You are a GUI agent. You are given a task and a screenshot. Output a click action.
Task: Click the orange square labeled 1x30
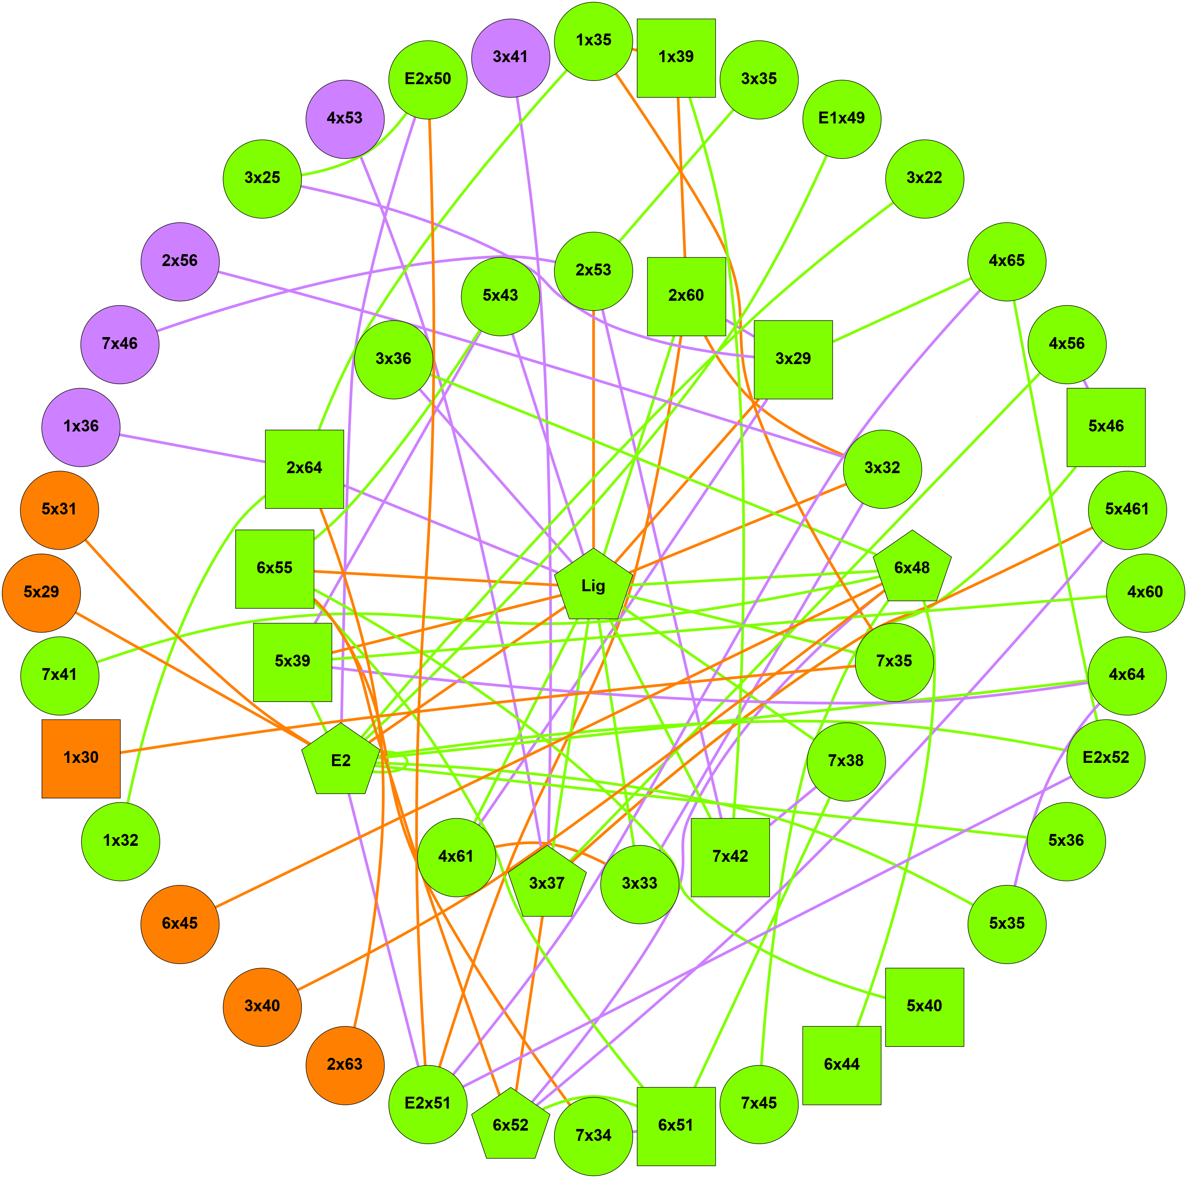click(x=81, y=758)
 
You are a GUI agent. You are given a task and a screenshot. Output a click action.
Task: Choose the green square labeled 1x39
click(x=676, y=58)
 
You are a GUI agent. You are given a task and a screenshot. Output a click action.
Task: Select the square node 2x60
click(x=686, y=296)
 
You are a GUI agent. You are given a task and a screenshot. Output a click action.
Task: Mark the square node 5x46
click(x=1106, y=427)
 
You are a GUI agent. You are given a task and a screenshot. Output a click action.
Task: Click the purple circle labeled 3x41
click(x=511, y=58)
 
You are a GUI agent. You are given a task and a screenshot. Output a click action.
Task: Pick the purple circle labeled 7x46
click(x=120, y=344)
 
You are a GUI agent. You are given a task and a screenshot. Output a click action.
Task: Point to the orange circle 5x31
click(x=60, y=510)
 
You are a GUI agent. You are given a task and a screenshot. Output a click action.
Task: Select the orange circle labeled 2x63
click(x=345, y=1065)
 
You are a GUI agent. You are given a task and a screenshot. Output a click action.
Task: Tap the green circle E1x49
click(x=842, y=118)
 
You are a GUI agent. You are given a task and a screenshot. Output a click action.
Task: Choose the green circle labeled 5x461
click(x=1127, y=510)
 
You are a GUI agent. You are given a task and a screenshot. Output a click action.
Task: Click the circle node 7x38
click(x=846, y=761)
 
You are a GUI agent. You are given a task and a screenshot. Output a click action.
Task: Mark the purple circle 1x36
click(x=81, y=427)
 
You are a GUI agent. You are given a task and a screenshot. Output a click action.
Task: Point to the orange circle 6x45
click(x=180, y=923)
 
